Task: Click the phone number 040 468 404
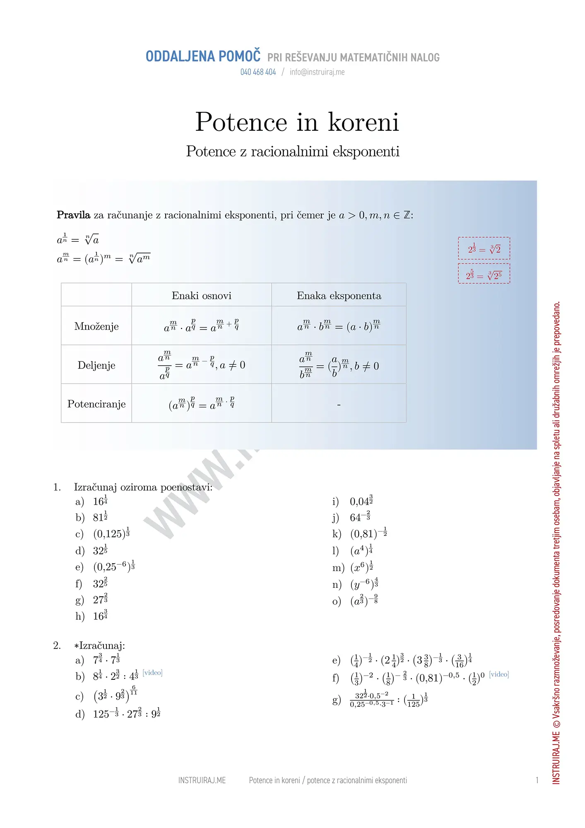click(x=258, y=72)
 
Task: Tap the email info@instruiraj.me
click(x=317, y=72)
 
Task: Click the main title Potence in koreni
click(x=297, y=122)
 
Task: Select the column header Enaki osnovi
click(x=201, y=296)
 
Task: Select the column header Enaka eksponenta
click(x=339, y=296)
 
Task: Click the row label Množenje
click(x=96, y=326)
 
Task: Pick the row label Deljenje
click(x=96, y=365)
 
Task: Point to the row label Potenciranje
click(x=96, y=404)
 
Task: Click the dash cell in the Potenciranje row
click(x=339, y=404)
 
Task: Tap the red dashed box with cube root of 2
click(x=484, y=248)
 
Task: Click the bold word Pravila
click(x=73, y=215)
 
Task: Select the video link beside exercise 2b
click(x=152, y=673)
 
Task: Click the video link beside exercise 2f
click(x=499, y=674)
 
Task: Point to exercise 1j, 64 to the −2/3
click(x=360, y=517)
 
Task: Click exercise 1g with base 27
click(x=100, y=599)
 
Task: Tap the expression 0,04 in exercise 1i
click(x=361, y=501)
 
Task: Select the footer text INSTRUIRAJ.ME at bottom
click(x=202, y=780)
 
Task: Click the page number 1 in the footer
click(x=537, y=780)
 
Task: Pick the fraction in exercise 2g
click(x=371, y=700)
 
